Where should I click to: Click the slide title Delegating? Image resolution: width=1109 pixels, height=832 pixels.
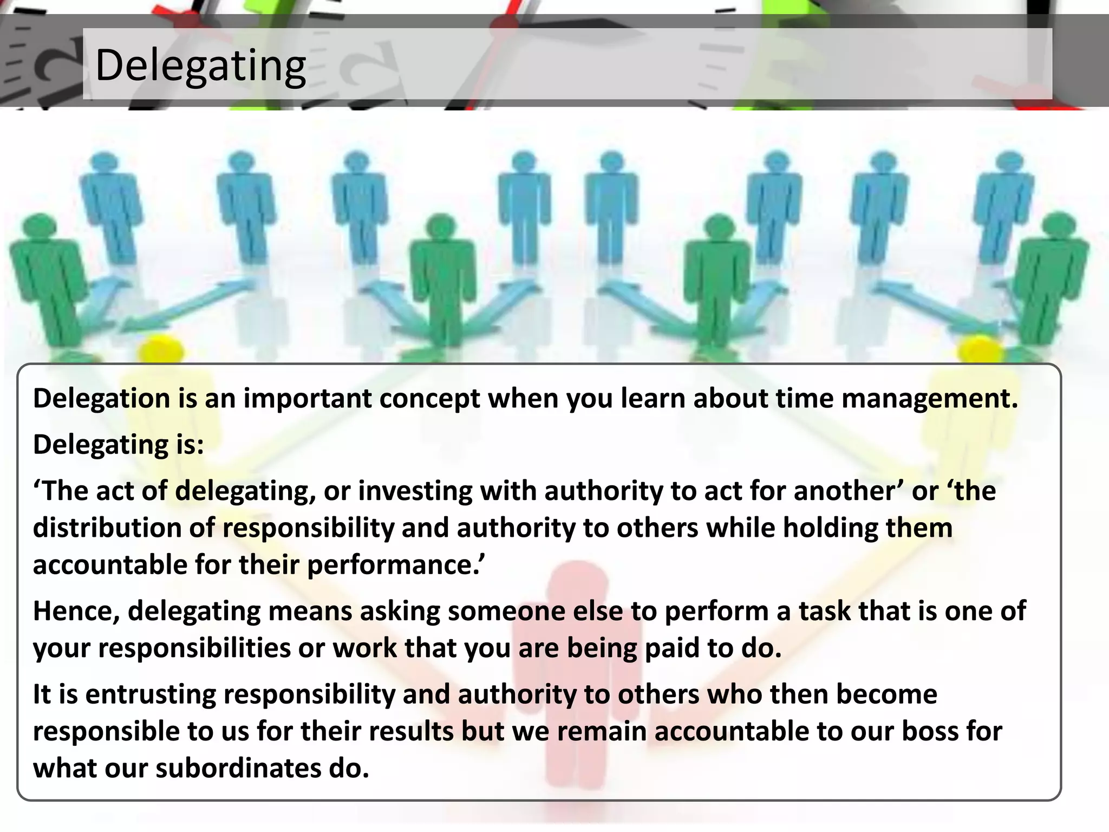coord(200,66)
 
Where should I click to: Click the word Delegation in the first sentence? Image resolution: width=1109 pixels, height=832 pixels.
coord(102,399)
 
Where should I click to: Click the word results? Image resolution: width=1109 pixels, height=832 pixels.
coord(412,731)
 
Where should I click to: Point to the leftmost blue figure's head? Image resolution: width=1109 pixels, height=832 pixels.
coord(103,163)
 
